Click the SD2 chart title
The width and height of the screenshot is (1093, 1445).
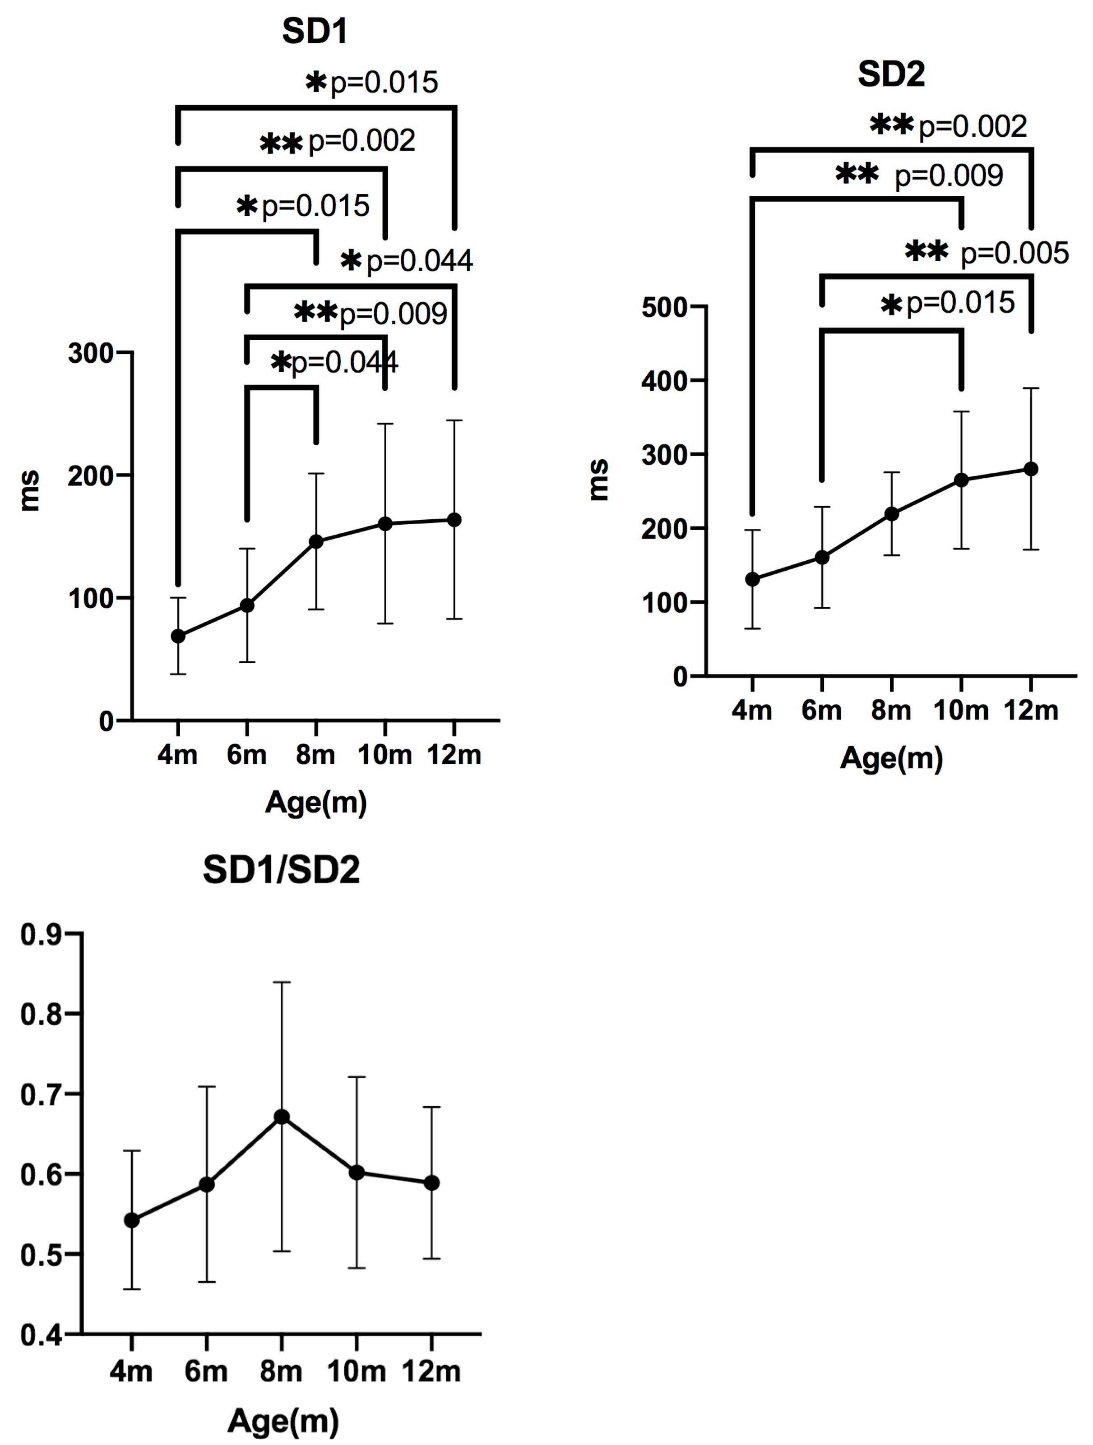(891, 74)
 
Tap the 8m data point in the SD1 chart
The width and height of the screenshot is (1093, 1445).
(316, 541)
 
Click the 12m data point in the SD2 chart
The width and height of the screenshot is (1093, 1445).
(1031, 469)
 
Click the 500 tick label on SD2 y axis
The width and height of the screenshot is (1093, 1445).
(664, 307)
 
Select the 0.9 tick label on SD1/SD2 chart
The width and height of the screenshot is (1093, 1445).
(41, 935)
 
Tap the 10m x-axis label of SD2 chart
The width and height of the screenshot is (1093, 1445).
(960, 710)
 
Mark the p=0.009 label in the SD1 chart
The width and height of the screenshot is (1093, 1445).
(393, 314)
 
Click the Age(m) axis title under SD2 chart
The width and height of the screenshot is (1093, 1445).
(891, 758)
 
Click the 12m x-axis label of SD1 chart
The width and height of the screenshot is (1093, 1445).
(454, 754)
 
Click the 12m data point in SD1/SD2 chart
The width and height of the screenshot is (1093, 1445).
(431, 1183)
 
